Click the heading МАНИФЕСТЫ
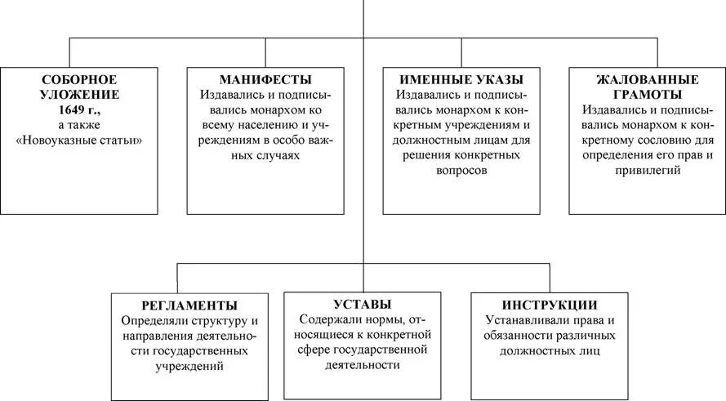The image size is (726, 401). [265, 79]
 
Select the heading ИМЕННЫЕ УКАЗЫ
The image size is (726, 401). [461, 79]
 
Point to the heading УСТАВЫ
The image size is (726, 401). [362, 304]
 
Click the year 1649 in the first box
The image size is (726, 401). [73, 110]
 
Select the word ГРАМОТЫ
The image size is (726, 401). [647, 94]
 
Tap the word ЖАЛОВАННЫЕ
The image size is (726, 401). [647, 79]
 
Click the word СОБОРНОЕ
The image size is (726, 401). [79, 79]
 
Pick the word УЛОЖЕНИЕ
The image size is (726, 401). [79, 95]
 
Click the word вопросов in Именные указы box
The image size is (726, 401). [461, 172]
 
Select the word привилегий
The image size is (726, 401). [647, 172]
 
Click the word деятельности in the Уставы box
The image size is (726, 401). [361, 365]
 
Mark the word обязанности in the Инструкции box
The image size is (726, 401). [519, 336]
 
